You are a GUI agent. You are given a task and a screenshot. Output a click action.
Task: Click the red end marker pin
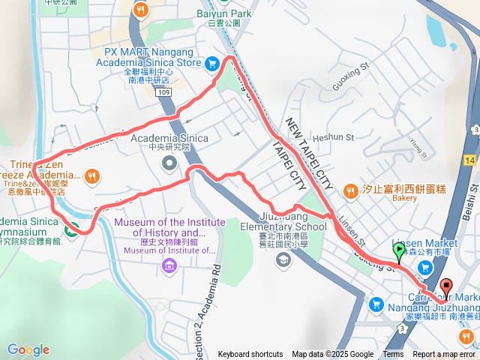coord(446,286)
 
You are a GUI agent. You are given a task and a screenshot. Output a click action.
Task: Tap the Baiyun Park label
coord(223,13)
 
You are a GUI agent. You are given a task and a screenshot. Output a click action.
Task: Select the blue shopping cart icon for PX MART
coord(213,63)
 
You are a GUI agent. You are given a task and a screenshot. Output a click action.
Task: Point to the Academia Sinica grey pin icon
coord(169,163)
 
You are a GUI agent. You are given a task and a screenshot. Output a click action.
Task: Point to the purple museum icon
coord(169,266)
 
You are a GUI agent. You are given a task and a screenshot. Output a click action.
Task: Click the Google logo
coord(28,349)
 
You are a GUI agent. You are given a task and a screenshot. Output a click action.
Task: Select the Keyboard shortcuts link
coord(250,355)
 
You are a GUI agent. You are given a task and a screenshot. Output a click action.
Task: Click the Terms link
coord(393,355)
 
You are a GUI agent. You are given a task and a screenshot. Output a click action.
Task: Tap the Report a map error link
coord(444,355)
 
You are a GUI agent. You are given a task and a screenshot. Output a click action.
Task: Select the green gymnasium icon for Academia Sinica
coord(71,230)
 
